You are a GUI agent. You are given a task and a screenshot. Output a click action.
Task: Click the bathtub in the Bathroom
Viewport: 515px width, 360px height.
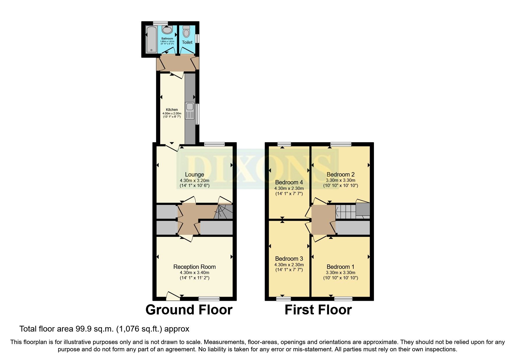pos(151,39)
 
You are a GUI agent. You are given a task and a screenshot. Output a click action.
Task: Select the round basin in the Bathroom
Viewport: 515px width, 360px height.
pos(167,29)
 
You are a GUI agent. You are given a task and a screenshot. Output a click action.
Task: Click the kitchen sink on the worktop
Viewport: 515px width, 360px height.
pos(190,111)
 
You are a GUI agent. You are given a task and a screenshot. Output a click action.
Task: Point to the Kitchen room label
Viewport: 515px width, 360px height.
pos(172,110)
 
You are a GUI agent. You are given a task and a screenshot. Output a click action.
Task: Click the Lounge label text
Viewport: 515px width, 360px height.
pos(195,174)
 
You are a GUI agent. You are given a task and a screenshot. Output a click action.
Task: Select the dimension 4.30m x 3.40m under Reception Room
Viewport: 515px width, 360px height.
pos(195,273)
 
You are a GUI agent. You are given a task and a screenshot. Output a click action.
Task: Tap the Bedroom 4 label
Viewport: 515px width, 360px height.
pos(289,182)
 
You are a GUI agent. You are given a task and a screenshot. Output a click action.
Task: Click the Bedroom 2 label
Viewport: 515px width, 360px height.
pos(341,174)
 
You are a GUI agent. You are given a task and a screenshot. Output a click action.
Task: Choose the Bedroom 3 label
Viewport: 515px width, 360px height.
pos(289,259)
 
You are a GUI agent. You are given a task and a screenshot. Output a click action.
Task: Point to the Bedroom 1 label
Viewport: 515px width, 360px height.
pos(341,267)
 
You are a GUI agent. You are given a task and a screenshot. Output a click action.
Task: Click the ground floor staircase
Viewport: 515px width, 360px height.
pos(223,212)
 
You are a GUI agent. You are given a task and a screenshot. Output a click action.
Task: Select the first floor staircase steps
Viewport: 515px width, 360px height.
pos(345,212)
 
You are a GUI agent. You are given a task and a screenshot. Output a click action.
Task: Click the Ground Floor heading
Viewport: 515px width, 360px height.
pos(189,310)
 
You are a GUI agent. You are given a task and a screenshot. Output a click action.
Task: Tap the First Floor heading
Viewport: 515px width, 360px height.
pos(318,310)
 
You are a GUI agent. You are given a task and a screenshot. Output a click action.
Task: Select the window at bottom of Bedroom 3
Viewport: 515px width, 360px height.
pos(284,298)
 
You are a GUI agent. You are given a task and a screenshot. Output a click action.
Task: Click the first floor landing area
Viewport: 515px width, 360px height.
pos(323,220)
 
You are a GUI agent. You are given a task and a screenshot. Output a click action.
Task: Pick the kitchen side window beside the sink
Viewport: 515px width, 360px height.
pos(197,114)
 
